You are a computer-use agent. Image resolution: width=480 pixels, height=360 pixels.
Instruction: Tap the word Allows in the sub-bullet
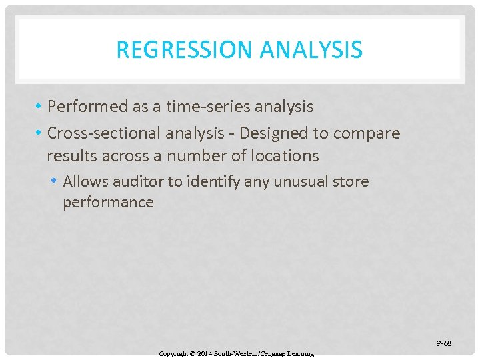click(85, 181)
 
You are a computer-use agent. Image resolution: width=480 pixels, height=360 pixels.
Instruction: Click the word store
click(350, 181)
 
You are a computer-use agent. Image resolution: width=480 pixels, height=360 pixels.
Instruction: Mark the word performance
click(108, 202)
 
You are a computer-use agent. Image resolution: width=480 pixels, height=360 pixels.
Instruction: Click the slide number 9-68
click(444, 343)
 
